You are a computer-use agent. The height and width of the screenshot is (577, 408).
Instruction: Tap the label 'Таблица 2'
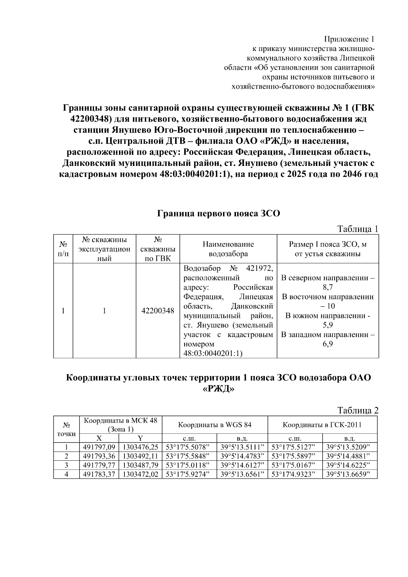[x=357, y=410]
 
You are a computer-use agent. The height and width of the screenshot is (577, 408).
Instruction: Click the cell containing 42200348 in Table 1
[x=158, y=311]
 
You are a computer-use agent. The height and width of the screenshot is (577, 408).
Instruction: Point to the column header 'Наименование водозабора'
[x=228, y=249]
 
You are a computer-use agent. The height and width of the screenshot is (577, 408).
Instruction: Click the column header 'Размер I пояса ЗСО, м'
[x=328, y=244]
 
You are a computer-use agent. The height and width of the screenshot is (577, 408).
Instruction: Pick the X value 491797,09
[x=99, y=447]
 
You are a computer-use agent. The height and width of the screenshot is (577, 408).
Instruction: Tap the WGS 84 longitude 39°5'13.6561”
[x=242, y=474]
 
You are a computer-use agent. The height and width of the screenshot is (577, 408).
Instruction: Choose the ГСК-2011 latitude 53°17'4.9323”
[x=295, y=474]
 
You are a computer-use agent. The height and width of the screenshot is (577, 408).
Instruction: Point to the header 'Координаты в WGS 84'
[x=215, y=425]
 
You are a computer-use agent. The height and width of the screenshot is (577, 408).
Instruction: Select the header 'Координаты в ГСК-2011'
[x=322, y=425]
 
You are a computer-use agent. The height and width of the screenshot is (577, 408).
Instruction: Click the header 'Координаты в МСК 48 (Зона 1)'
[x=121, y=424]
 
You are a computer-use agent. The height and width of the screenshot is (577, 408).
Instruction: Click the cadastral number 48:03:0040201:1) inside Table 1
[x=213, y=354]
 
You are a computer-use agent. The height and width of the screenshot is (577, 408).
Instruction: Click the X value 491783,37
[x=99, y=474]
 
